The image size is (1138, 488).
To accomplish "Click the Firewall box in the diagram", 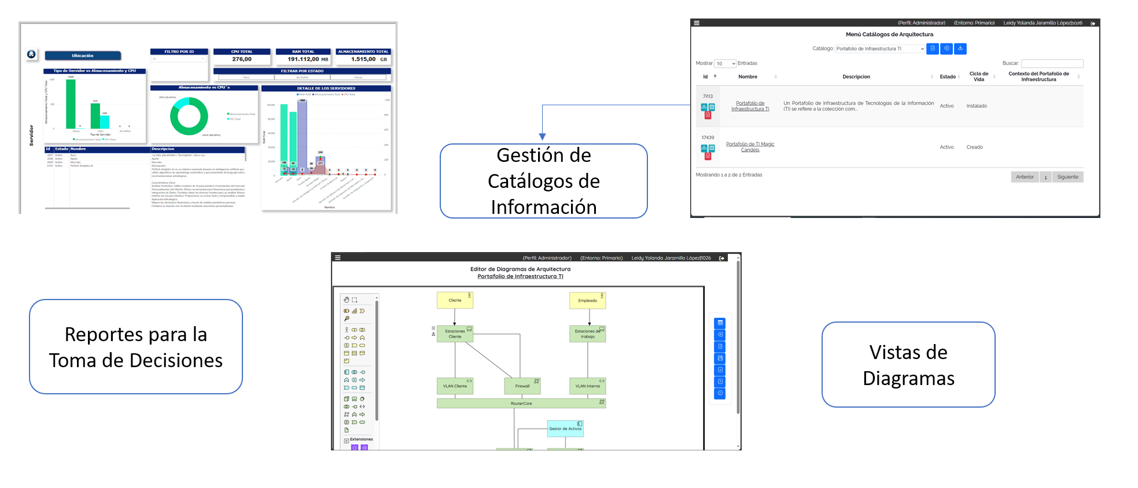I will (522, 386).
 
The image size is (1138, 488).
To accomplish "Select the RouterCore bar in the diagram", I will (521, 403).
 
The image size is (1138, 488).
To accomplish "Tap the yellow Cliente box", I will (455, 300).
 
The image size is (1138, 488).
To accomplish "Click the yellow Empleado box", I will (587, 300).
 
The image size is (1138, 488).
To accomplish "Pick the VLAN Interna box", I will (587, 386).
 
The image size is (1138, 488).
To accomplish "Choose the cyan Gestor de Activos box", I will (565, 428).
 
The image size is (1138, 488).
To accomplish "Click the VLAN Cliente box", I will (455, 386).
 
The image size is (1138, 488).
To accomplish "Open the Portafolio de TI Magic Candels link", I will (750, 147).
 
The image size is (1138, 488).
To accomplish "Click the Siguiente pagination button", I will (1067, 177).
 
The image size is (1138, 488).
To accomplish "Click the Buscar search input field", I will (1052, 64).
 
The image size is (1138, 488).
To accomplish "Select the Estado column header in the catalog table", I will (948, 77).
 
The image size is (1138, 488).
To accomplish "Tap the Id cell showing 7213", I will (708, 96).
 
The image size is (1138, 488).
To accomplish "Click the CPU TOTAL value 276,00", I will (242, 59).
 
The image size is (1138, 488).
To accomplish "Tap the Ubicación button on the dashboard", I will (83, 56).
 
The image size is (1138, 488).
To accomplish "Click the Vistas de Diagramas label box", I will (908, 365).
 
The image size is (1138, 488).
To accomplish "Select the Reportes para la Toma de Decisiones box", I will (136, 347).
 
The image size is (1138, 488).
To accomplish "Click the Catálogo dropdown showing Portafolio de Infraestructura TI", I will (880, 49).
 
